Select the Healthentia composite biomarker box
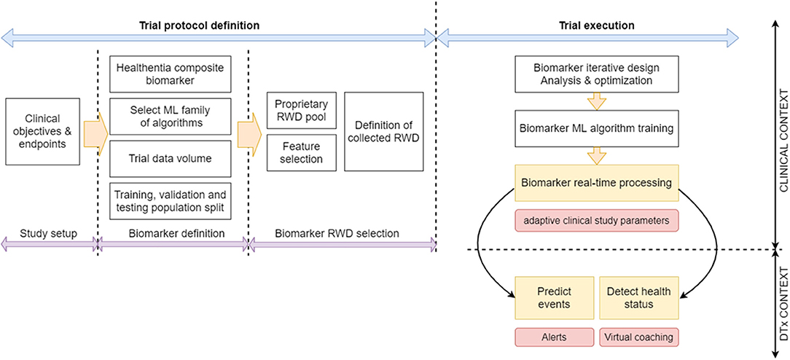coord(171,74)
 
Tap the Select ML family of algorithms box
coord(171,117)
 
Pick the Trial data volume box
coord(171,159)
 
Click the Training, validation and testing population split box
coord(171,201)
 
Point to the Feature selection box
coord(301,152)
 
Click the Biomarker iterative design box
coord(597,74)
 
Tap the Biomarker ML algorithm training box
coord(597,128)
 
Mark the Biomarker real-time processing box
coord(597,183)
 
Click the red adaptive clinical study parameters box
coord(597,219)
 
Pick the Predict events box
coord(552,297)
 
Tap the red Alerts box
coord(552,338)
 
